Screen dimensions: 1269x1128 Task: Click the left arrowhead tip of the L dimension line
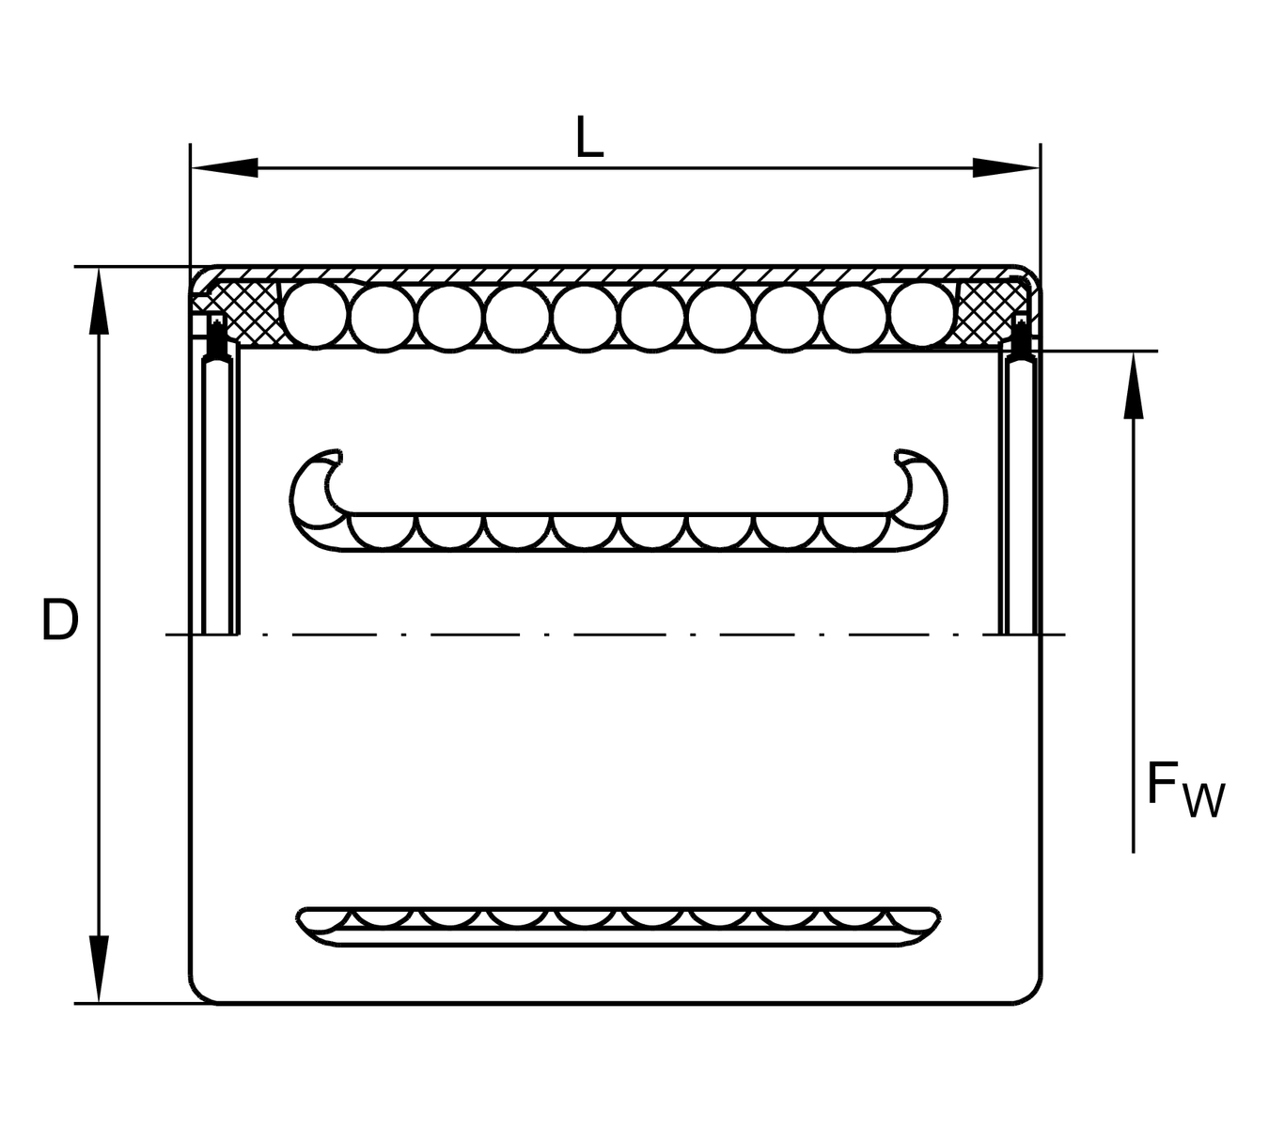tap(191, 168)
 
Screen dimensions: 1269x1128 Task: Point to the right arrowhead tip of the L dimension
tap(1040, 168)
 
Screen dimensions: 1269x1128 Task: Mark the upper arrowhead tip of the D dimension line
tap(99, 268)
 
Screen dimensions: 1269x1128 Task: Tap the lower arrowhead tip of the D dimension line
tap(99, 1003)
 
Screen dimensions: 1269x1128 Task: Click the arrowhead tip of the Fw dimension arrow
tap(1133, 352)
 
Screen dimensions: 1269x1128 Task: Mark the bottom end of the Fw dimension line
tap(1133, 853)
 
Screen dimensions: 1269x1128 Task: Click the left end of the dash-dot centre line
tap(166, 634)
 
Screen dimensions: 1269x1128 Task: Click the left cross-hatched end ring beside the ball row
tap(244, 313)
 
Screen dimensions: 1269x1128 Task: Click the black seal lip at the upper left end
tap(217, 338)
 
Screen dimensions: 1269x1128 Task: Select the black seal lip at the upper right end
tap(1020, 338)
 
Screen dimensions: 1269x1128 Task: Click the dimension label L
tap(588, 136)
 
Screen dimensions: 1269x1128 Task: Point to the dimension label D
tap(60, 619)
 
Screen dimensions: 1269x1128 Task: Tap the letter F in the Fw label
tap(1161, 782)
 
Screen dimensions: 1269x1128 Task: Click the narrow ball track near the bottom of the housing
tap(618, 926)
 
